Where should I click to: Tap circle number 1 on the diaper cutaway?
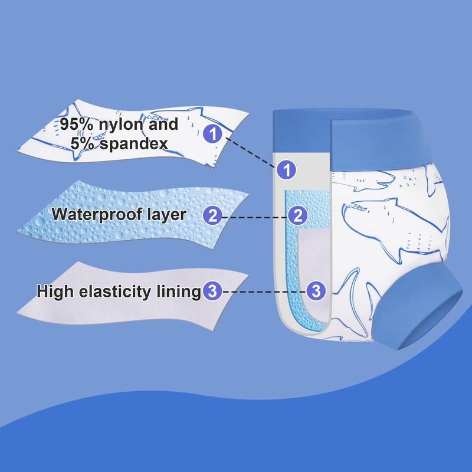pyautogui.click(x=286, y=171)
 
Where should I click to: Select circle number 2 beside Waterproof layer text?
pyautogui.click(x=213, y=215)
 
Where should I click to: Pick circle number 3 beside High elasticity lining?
pyautogui.click(x=212, y=291)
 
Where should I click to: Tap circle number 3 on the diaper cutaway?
pyautogui.click(x=316, y=291)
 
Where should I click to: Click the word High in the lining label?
pyautogui.click(x=56, y=291)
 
